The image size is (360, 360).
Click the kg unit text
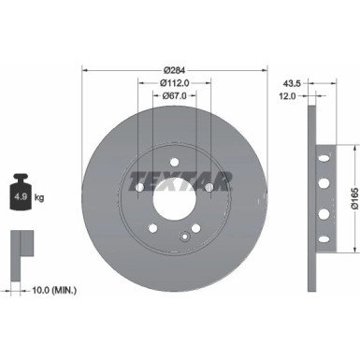click(x=40, y=198)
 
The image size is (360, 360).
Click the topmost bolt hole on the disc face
click(x=175, y=161)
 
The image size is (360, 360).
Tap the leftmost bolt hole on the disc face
click(x=140, y=187)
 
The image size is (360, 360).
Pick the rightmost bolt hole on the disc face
click(x=209, y=187)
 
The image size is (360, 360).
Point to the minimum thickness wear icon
click(x=20, y=245)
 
